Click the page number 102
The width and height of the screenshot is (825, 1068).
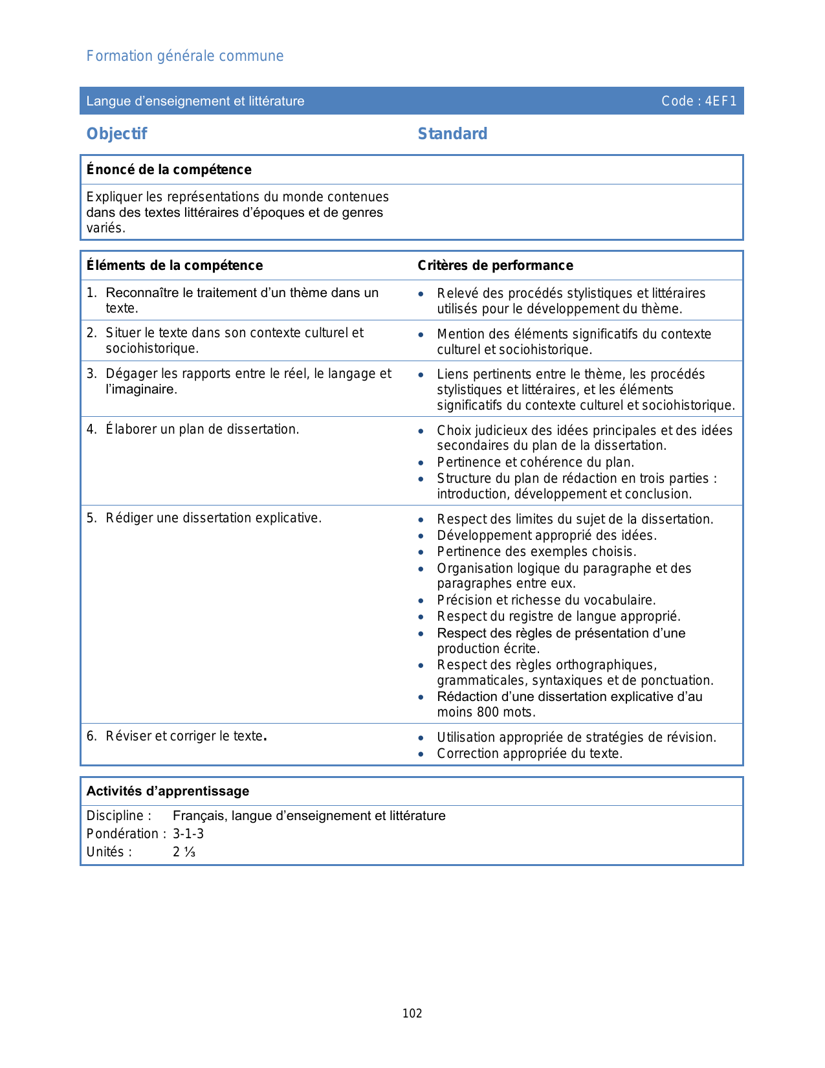[412, 1014]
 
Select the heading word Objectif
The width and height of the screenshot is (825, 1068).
[117, 134]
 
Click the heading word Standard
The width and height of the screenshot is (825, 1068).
[452, 134]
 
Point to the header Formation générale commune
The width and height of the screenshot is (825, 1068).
[185, 56]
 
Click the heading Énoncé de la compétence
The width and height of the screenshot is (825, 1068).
[169, 170]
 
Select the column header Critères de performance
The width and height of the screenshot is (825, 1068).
[496, 265]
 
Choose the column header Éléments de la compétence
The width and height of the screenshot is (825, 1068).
[175, 265]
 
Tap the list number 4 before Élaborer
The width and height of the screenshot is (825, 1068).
[91, 429]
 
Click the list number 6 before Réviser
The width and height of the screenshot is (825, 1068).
[91, 736]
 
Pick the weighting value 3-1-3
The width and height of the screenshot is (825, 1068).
[188, 834]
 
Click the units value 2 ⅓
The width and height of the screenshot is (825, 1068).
[184, 852]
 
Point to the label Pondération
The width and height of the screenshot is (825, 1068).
[122, 834]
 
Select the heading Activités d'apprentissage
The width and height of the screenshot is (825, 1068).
[168, 791]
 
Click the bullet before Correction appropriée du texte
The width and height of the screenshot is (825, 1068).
[421, 754]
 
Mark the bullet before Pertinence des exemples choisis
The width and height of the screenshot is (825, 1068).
[421, 552]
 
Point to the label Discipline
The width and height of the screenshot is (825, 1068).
[115, 816]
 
